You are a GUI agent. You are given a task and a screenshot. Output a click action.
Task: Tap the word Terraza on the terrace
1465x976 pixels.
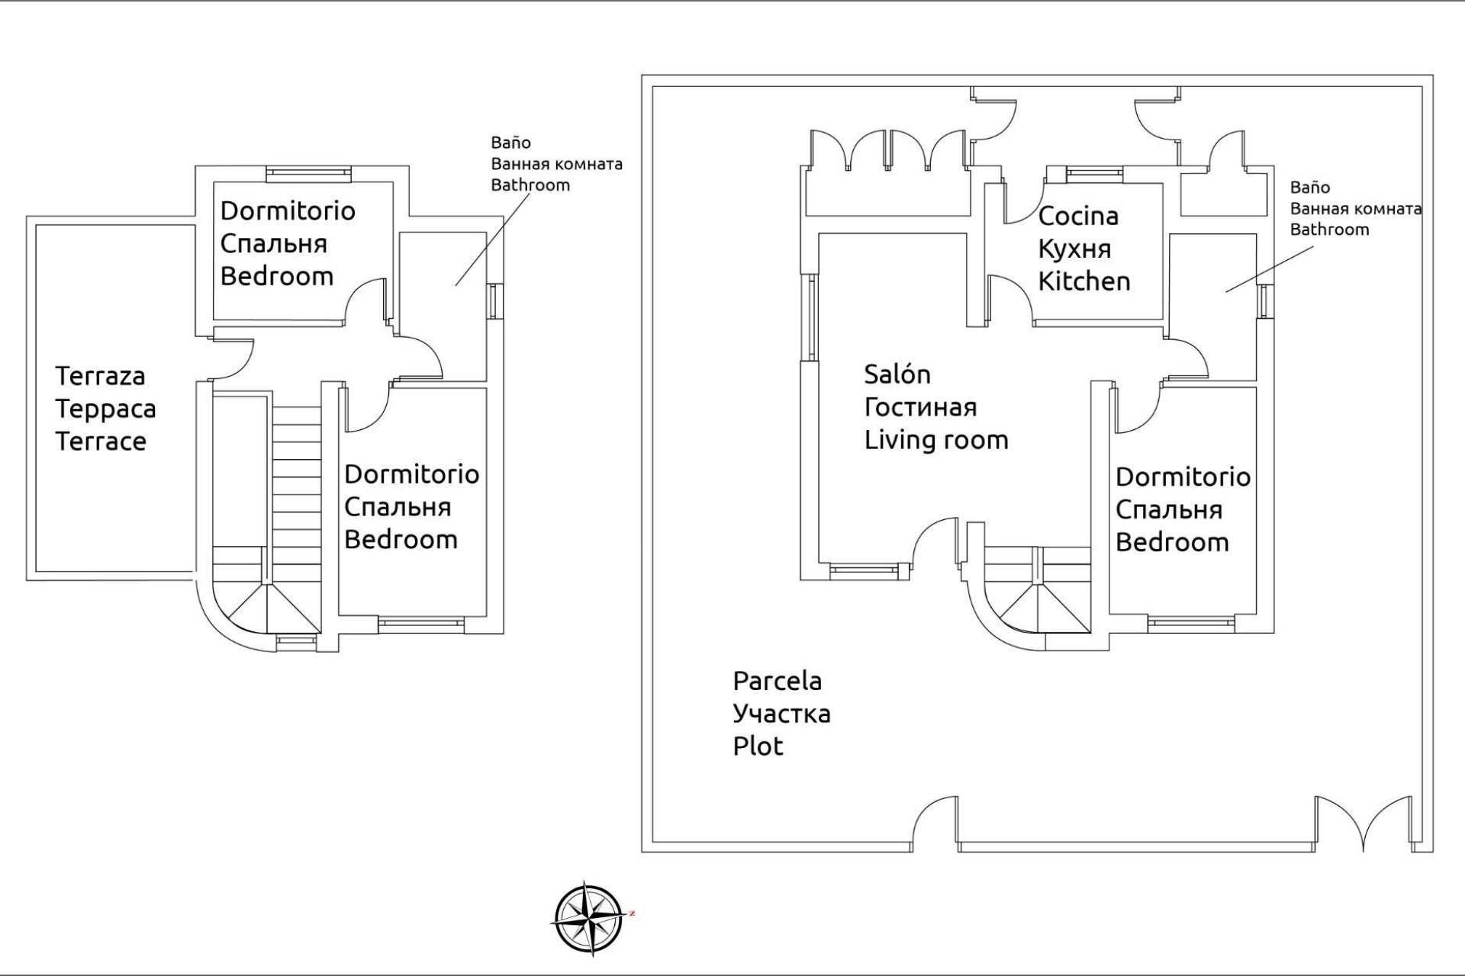click(x=100, y=376)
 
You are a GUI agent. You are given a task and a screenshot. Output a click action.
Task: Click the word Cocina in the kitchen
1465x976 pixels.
click(x=1077, y=217)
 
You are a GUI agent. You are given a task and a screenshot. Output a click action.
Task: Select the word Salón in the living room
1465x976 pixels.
click(x=897, y=374)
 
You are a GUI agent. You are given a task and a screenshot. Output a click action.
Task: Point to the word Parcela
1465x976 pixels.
click(x=777, y=681)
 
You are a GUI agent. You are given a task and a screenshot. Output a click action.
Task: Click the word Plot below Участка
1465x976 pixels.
click(x=758, y=746)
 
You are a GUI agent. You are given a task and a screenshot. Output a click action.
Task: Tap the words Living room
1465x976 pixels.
click(x=935, y=440)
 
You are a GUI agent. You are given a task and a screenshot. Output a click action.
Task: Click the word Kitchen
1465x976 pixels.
click(x=1083, y=281)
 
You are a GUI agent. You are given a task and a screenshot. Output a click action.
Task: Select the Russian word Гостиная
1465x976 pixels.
click(x=919, y=408)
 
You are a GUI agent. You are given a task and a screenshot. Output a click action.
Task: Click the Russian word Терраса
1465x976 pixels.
click(x=105, y=409)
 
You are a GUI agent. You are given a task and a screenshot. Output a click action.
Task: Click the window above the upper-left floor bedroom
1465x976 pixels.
click(x=308, y=174)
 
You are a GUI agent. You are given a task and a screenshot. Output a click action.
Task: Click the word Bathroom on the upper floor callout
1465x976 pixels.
click(x=530, y=185)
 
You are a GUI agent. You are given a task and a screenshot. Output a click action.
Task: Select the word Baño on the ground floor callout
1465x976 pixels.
click(x=1309, y=188)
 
